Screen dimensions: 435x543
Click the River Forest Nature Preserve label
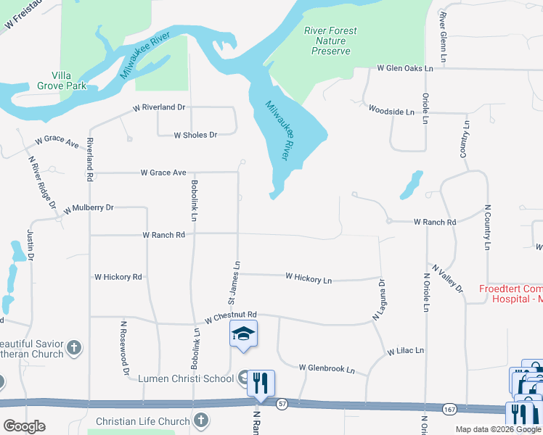pos(330,41)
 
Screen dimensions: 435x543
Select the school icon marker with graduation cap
pos(243,333)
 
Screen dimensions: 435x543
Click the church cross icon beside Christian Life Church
pos(201,420)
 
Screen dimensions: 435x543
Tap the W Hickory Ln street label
pos(309,278)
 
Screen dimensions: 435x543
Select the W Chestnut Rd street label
pos(231,316)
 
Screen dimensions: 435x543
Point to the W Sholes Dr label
pos(195,135)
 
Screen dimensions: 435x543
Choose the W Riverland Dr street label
pos(159,107)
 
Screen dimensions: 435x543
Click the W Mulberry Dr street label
pos(89,208)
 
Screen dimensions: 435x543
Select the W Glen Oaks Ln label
pos(404,68)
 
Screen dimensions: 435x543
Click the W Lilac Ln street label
pos(405,351)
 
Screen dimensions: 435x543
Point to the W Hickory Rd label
pos(118,277)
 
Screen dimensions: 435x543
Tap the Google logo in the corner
pos(24,426)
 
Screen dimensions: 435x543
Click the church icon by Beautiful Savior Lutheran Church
pos(73,349)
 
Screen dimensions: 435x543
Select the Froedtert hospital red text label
pos(511,294)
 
